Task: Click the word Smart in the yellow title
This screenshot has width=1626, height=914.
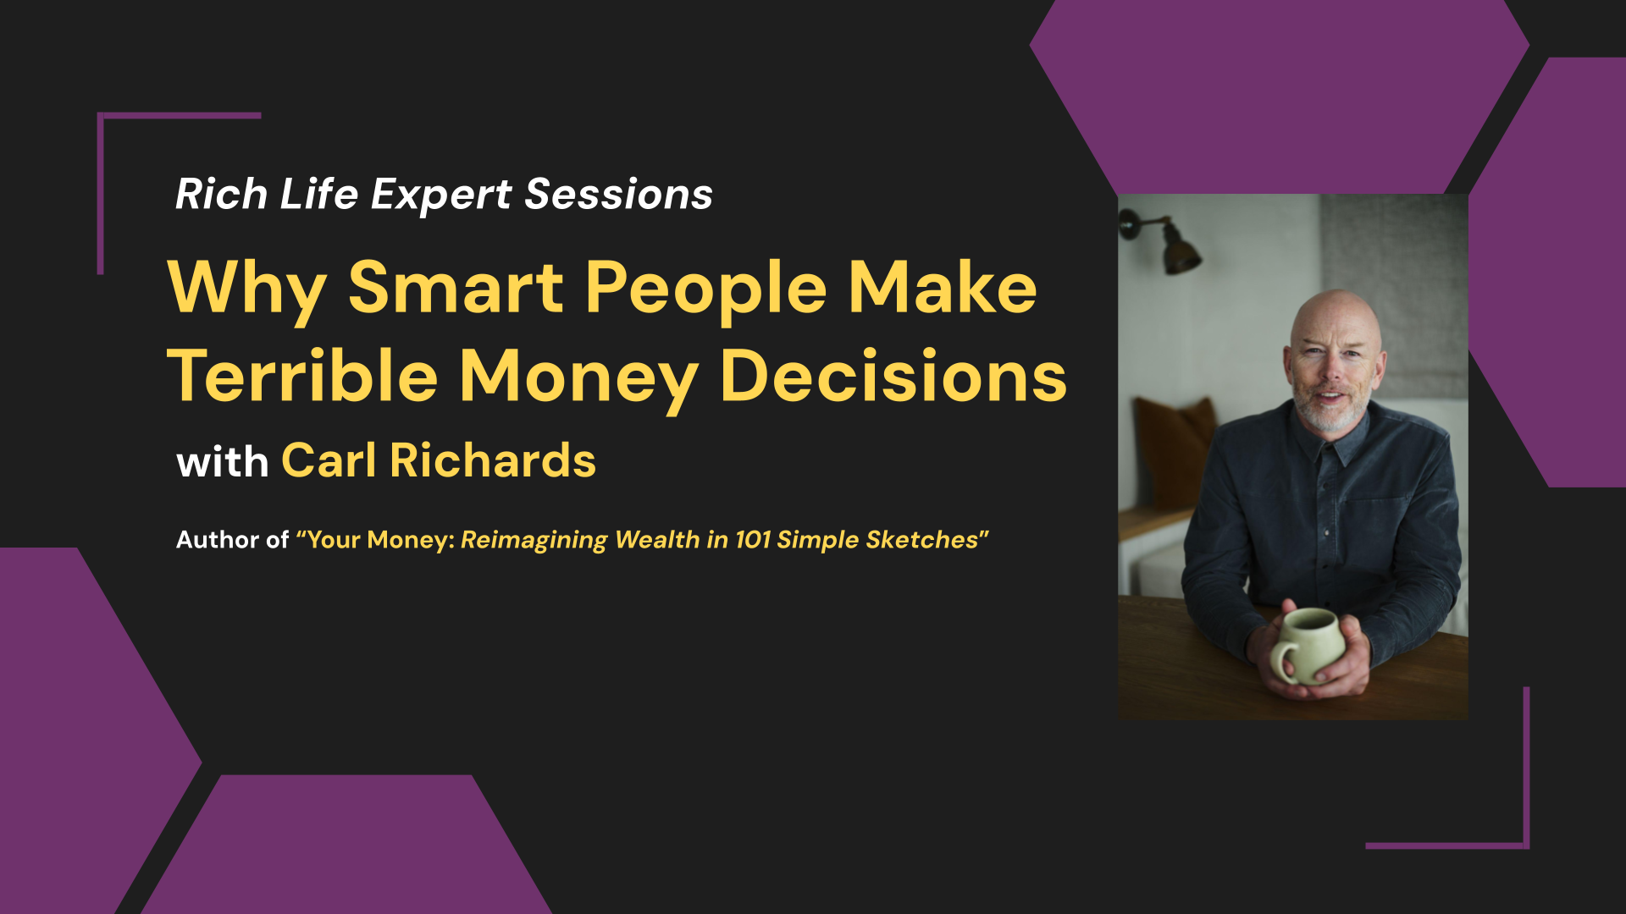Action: pos(456,288)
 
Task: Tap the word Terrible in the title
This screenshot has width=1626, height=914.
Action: pos(302,377)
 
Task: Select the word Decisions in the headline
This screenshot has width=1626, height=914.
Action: pos(893,377)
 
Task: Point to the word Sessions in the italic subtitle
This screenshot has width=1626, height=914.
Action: pos(619,195)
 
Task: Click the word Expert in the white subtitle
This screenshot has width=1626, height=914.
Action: pos(441,196)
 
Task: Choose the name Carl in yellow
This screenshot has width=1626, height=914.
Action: pos(329,460)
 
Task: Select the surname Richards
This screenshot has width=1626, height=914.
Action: pos(493,460)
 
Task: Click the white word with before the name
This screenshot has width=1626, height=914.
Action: pos(222,462)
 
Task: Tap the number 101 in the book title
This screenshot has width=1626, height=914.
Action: pos(753,540)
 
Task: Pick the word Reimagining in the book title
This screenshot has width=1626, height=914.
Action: pos(534,541)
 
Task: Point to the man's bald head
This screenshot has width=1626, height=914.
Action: pos(1336,317)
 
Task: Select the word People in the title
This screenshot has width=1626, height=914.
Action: pos(705,292)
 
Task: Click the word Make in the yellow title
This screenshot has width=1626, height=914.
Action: pos(943,288)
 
